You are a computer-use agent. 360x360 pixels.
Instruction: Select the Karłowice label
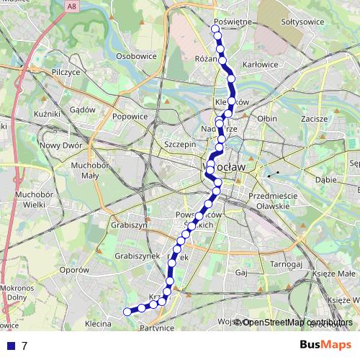pos(261,64)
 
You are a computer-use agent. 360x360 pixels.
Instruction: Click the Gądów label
pos(84,109)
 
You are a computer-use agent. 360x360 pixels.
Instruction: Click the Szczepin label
pos(181,144)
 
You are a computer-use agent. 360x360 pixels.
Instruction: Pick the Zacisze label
pos(315,117)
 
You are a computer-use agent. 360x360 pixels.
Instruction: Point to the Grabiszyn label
pos(129,225)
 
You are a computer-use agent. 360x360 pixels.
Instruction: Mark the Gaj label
pos(241,274)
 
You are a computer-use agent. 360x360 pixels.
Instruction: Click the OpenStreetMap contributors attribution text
pos(297,323)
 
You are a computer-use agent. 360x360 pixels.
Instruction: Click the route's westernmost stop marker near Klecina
pos(127,311)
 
